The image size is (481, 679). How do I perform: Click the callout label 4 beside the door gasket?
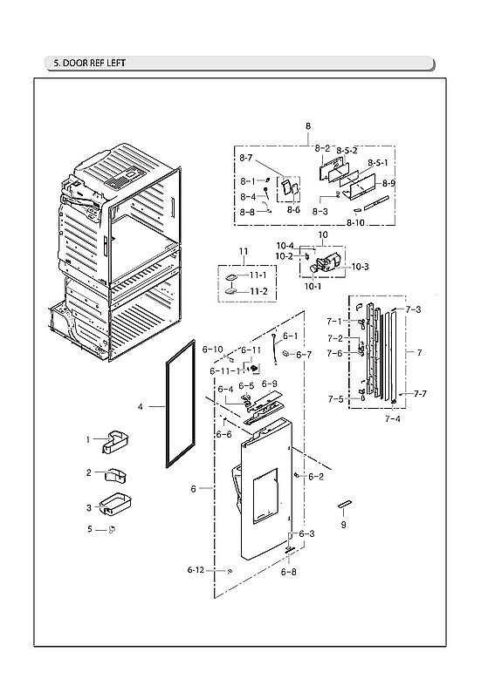(x=141, y=406)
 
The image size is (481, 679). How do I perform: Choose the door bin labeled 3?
(x=114, y=506)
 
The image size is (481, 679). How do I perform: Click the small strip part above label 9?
(x=344, y=505)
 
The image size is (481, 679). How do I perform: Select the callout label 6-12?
(x=196, y=570)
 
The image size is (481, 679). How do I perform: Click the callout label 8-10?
(x=356, y=224)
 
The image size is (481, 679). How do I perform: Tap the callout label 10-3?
(x=360, y=267)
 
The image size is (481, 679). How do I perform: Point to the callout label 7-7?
(x=420, y=395)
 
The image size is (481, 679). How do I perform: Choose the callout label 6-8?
(x=288, y=573)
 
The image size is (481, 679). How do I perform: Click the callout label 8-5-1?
(x=378, y=163)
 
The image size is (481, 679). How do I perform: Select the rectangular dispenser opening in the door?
(x=265, y=495)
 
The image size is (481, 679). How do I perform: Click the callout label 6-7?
(x=304, y=355)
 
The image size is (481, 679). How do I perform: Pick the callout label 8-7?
(x=246, y=158)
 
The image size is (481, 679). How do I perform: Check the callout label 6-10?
(x=213, y=350)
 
